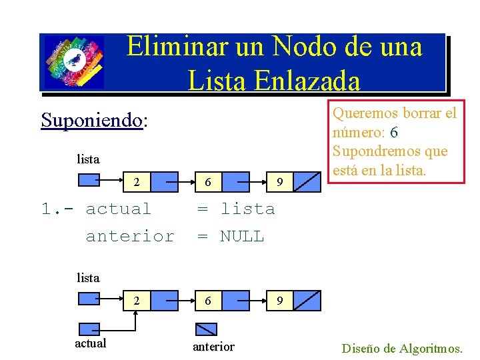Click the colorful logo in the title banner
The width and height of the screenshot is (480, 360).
[73, 62]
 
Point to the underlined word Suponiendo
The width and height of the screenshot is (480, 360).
[92, 120]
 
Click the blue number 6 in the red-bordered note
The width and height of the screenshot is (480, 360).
[395, 133]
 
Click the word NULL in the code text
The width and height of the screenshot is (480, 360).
[242, 236]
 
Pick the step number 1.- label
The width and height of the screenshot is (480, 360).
[59, 209]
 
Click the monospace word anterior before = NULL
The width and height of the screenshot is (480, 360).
[130, 236]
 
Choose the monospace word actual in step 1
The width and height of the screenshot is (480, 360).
[119, 209]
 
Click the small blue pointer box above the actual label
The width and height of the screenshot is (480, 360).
[89, 329]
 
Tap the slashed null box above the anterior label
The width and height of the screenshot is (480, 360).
[206, 328]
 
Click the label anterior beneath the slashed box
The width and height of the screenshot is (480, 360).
[213, 346]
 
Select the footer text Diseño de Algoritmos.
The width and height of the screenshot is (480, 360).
[402, 348]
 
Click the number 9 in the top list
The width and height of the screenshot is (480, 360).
[280, 182]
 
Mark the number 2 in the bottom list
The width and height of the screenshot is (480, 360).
[136, 301]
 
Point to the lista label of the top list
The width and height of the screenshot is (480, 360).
[88, 159]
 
